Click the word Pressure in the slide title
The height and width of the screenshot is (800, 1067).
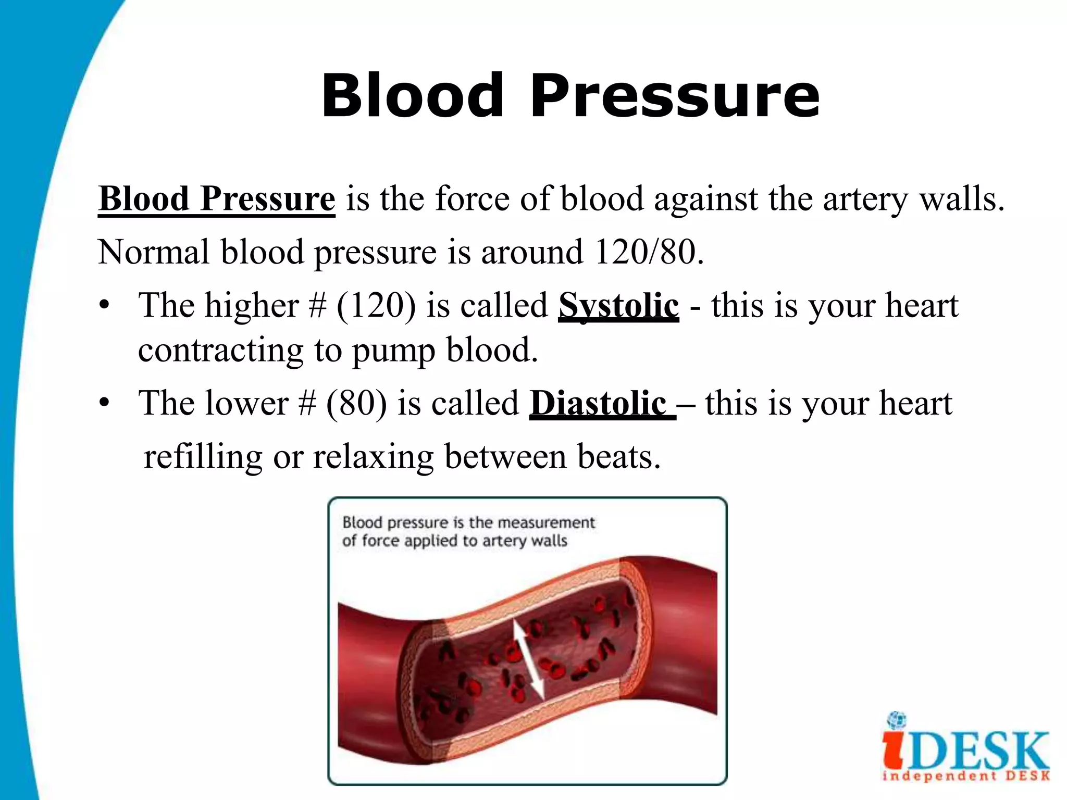tap(675, 96)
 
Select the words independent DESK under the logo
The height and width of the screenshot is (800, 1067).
tap(966, 777)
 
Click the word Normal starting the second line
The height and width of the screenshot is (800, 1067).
tap(154, 252)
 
